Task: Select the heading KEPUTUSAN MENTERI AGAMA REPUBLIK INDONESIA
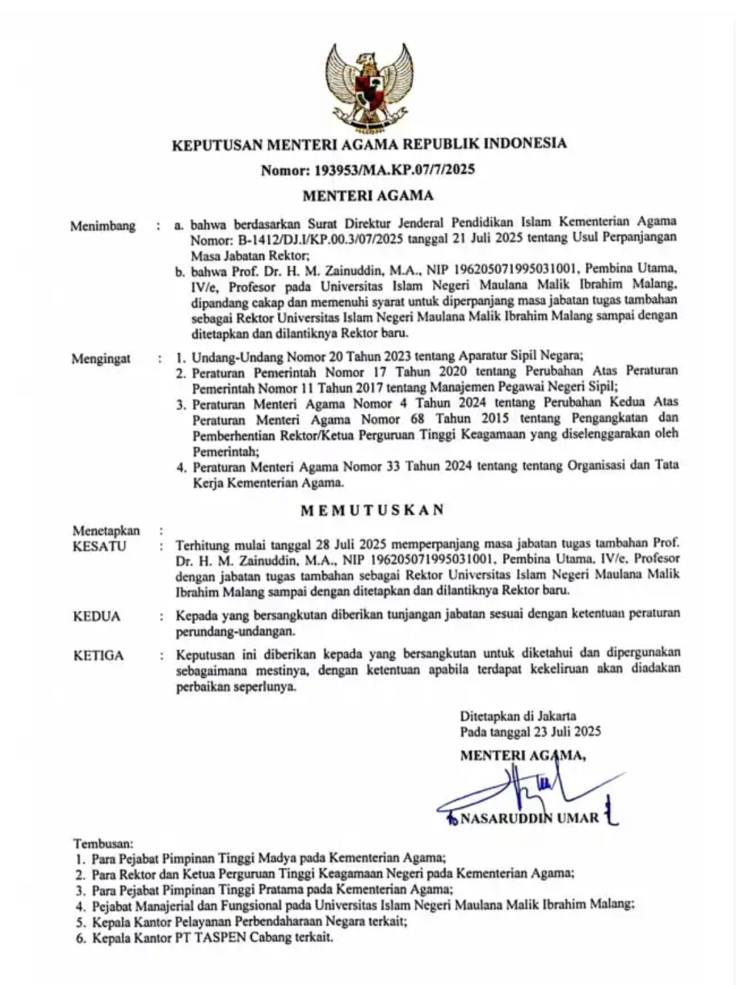pyautogui.click(x=368, y=143)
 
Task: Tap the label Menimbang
pyautogui.click(x=103, y=226)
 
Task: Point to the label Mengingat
pyautogui.click(x=101, y=358)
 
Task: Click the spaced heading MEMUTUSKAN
pyautogui.click(x=372, y=510)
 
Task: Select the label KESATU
pyautogui.click(x=99, y=546)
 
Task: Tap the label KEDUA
pyautogui.click(x=97, y=616)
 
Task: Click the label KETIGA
pyautogui.click(x=98, y=655)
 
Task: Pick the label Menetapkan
pyautogui.click(x=106, y=530)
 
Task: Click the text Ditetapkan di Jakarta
pyautogui.click(x=517, y=716)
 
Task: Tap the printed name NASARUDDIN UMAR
pyautogui.click(x=529, y=818)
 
